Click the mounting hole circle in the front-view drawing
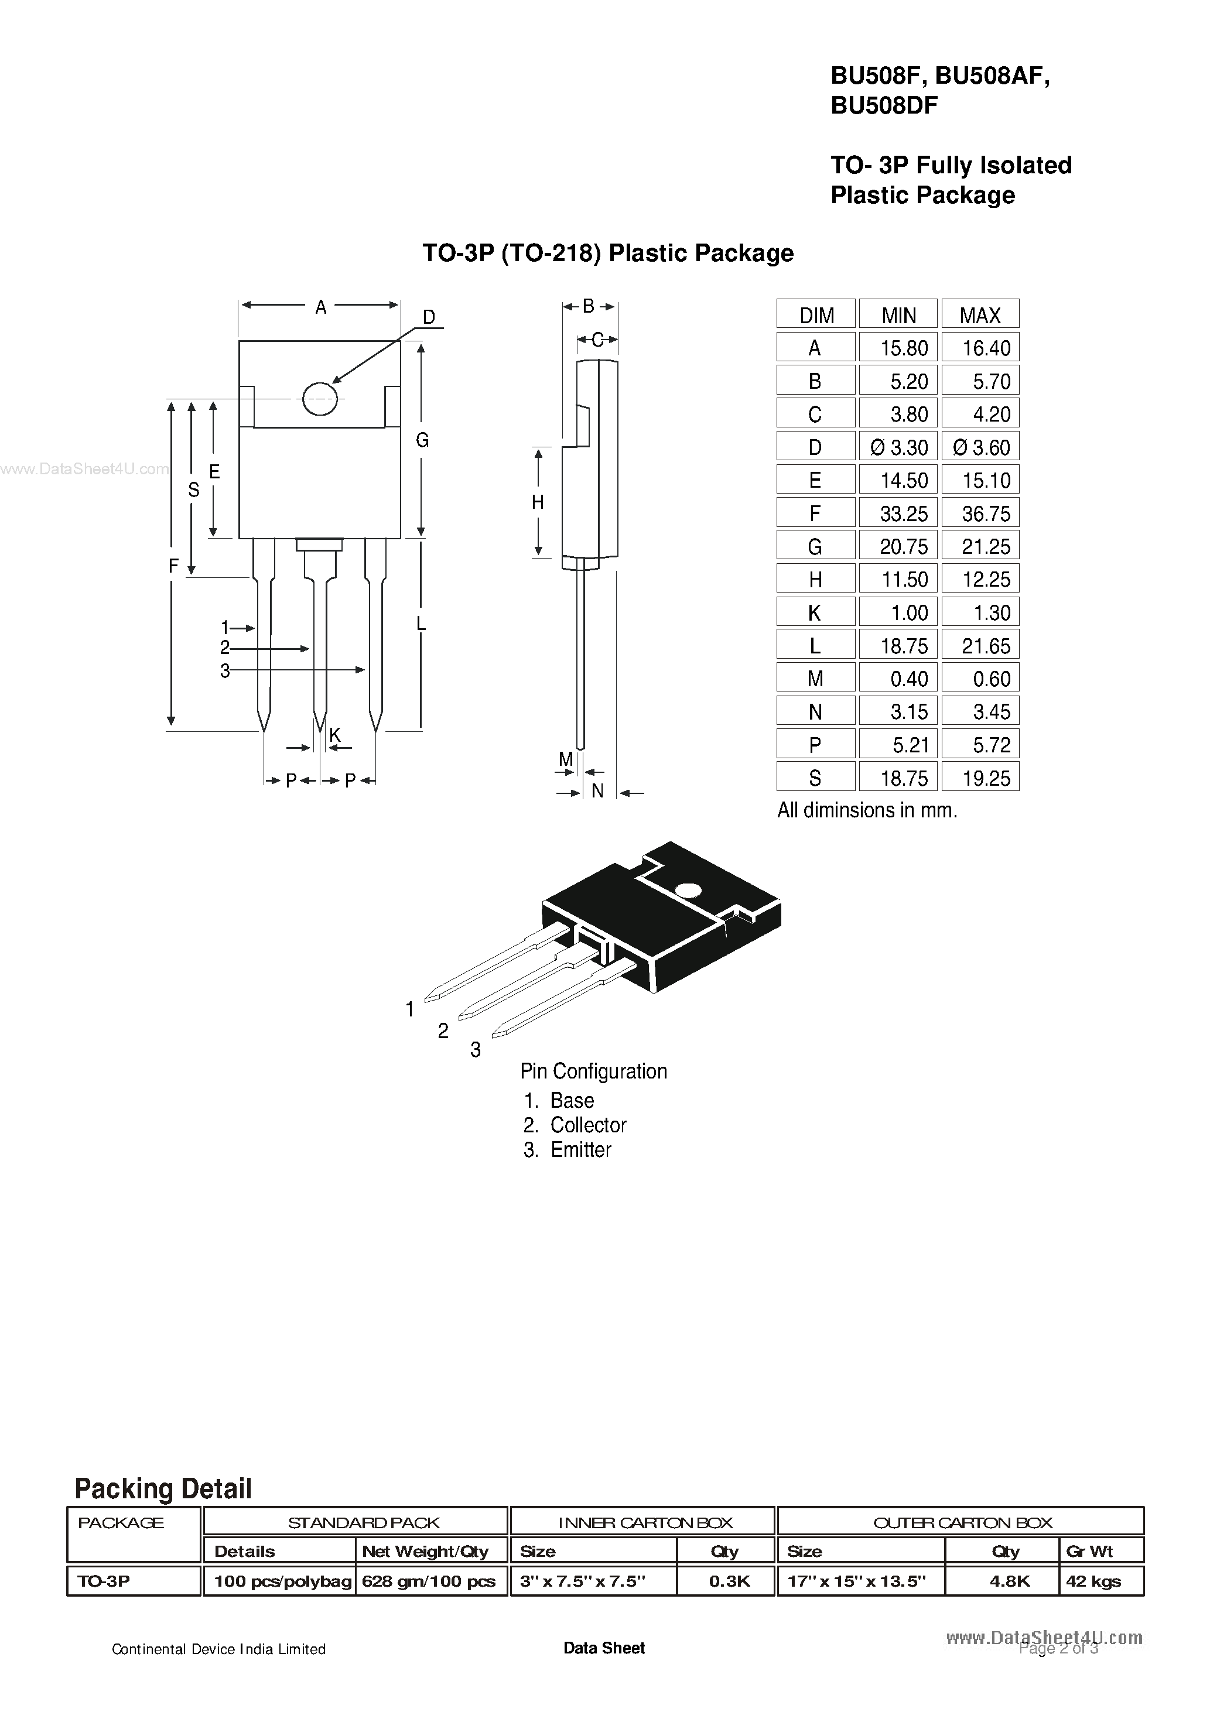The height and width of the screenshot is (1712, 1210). tap(320, 399)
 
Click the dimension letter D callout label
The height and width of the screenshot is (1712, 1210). tap(429, 317)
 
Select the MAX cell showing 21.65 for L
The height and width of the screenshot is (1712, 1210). tap(986, 646)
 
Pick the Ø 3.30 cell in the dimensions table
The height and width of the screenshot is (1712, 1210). tap(899, 447)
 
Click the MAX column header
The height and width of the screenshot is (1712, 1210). tap(979, 316)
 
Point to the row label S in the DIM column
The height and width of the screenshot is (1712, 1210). tap(815, 779)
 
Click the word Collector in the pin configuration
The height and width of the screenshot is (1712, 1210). tap(588, 1125)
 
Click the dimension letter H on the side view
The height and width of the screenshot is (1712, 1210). tap(538, 502)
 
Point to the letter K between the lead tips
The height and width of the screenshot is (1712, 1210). tap(335, 735)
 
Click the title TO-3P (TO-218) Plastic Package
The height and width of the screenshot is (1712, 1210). tap(608, 254)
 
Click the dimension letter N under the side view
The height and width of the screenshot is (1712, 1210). tap(597, 791)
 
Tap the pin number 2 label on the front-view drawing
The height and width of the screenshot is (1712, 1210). tap(224, 649)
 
